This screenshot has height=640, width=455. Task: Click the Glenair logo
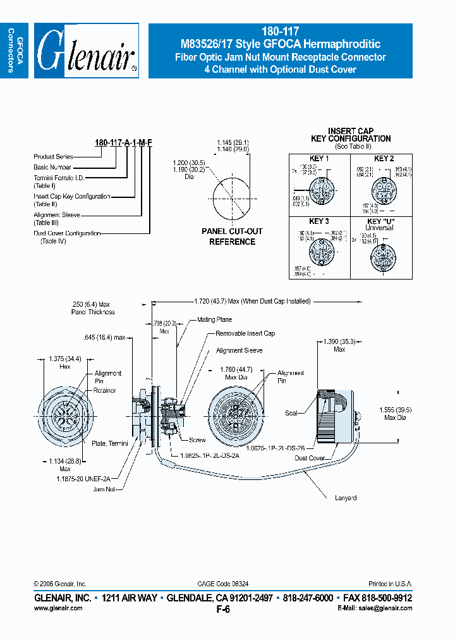pyautogui.click(x=86, y=51)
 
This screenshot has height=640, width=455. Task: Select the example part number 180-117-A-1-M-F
pyautogui.click(x=123, y=144)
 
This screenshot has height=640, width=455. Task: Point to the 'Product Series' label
pyautogui.click(x=53, y=156)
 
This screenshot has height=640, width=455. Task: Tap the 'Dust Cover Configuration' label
pyautogui.click(x=67, y=233)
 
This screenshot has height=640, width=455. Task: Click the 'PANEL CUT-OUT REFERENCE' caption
pyautogui.click(x=232, y=237)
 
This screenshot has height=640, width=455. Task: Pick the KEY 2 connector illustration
pyautogui.click(x=382, y=189)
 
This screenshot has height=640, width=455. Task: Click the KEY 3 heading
pyautogui.click(x=318, y=221)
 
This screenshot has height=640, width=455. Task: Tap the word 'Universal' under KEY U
pyautogui.click(x=379, y=228)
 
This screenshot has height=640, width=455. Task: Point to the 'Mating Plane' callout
pyautogui.click(x=215, y=320)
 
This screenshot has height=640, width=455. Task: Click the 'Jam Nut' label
pyautogui.click(x=103, y=489)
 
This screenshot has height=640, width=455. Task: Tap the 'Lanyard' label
pyautogui.click(x=345, y=498)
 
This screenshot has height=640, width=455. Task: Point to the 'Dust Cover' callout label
pyautogui.click(x=310, y=458)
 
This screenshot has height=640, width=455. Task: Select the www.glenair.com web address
pyautogui.click(x=58, y=608)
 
